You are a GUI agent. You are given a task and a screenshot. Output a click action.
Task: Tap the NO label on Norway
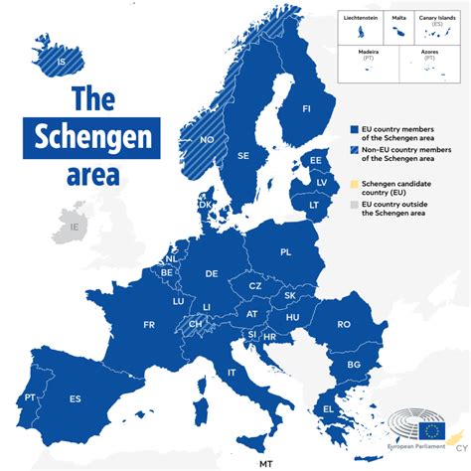tap(207, 140)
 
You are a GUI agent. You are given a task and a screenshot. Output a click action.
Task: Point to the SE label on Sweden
tap(243, 156)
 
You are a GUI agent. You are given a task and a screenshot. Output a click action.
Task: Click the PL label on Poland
tap(286, 252)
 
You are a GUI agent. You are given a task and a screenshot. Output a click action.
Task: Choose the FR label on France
tap(149, 325)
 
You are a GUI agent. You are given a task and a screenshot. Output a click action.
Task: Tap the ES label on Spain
tap(75, 398)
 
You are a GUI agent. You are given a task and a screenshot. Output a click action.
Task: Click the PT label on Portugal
tap(31, 397)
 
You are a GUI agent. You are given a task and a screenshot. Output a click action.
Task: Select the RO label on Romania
tap(344, 324)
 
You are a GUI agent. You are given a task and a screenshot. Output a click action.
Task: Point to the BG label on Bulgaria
tap(353, 365)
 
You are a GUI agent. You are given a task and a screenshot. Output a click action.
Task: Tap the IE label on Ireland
tap(74, 227)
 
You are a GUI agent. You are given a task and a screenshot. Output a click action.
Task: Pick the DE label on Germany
tap(212, 273)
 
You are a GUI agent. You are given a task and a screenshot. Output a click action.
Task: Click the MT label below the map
tap(265, 463)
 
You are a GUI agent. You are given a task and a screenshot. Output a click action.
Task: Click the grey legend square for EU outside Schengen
tap(354, 204)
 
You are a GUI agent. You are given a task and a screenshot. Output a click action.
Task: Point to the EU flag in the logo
tap(432, 430)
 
